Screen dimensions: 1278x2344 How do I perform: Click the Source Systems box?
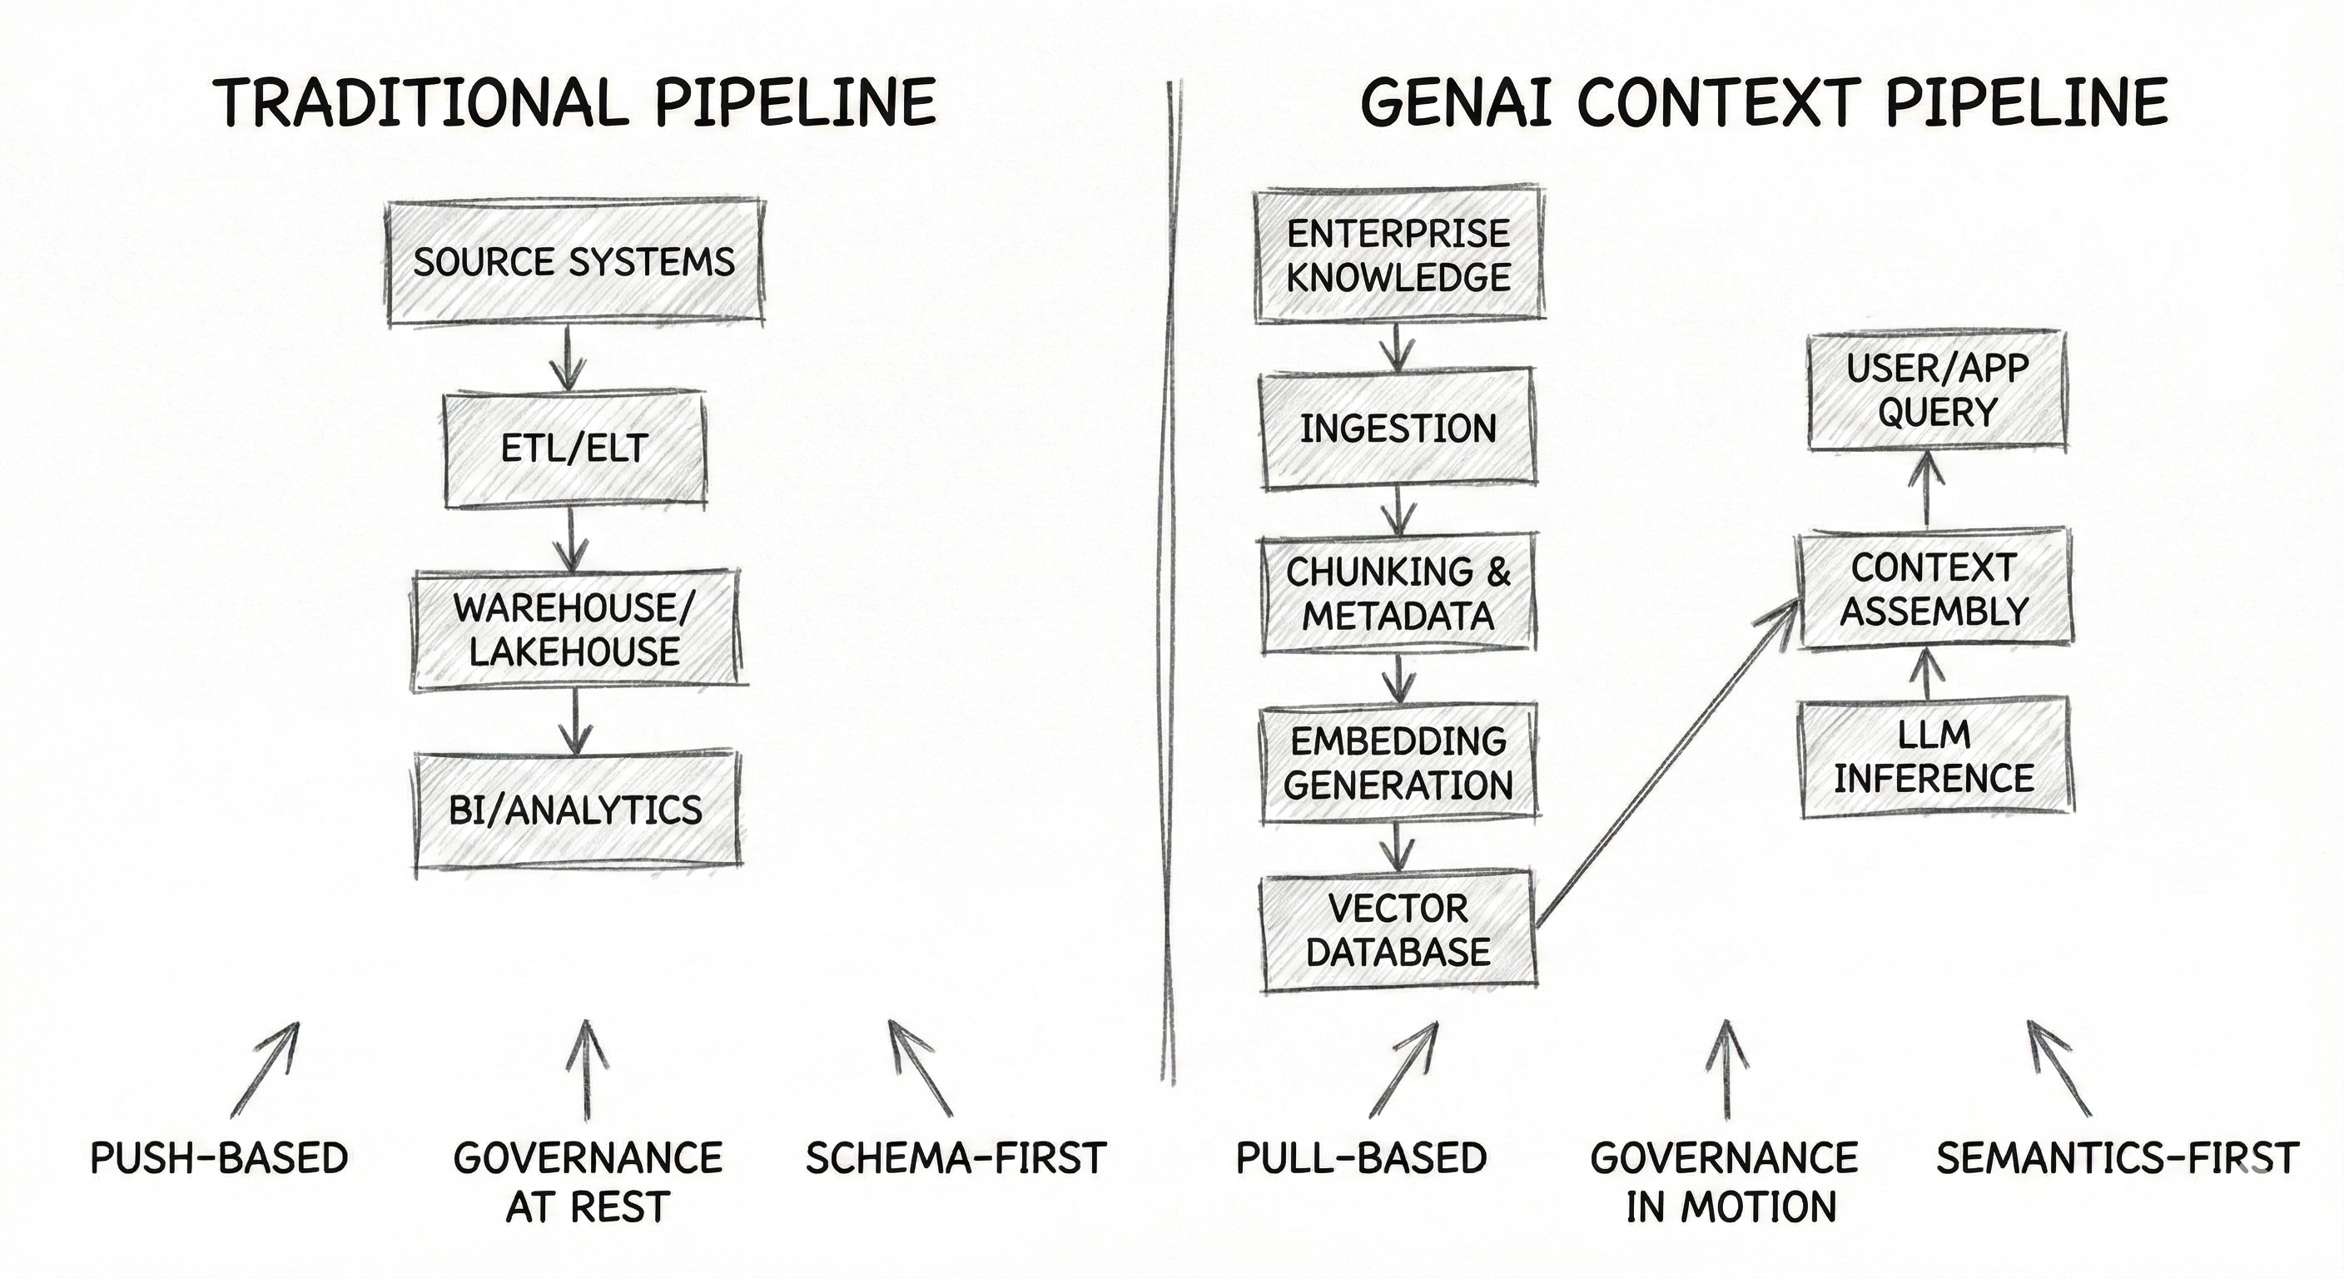[575, 262]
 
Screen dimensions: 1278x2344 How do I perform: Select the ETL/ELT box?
[574, 449]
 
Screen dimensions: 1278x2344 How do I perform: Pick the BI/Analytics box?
[577, 810]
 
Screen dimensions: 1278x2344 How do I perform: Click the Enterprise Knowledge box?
[1398, 256]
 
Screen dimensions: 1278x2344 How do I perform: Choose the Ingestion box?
[1398, 428]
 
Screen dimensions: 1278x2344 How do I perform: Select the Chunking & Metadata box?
[1398, 594]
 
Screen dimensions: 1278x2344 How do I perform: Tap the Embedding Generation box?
[1398, 763]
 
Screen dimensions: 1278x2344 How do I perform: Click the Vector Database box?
[1398, 930]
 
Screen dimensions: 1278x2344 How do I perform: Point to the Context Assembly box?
[1934, 589]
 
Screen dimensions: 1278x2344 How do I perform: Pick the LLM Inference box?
[1934, 757]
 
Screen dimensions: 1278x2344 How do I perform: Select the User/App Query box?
[1936, 391]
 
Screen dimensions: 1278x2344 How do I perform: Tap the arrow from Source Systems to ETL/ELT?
[568, 358]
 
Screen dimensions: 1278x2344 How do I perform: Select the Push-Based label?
[219, 1159]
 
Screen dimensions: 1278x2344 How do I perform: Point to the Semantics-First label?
[2117, 1159]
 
